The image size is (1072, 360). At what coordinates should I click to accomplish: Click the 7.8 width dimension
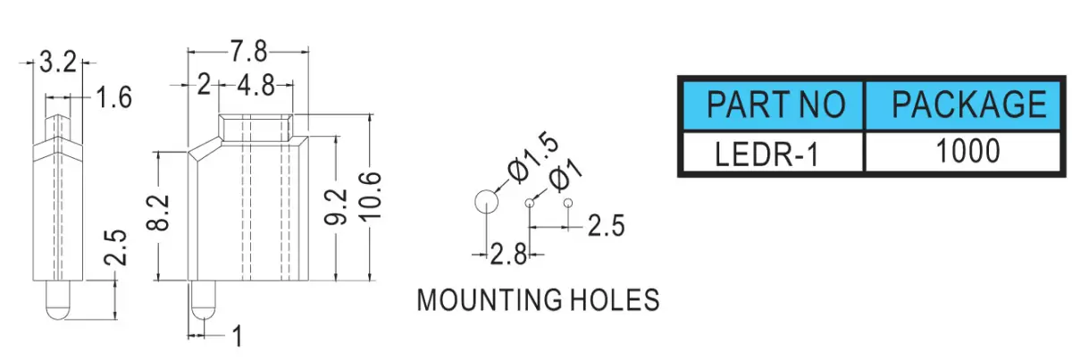248,51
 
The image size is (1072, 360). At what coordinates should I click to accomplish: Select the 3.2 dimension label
57,63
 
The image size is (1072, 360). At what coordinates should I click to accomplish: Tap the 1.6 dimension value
113,97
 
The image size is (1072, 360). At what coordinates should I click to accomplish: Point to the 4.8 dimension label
255,86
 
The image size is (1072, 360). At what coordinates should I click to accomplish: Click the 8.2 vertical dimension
158,213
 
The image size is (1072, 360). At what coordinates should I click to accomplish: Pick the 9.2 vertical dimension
335,206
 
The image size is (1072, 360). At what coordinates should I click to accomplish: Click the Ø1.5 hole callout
532,156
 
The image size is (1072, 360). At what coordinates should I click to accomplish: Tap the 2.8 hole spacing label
508,255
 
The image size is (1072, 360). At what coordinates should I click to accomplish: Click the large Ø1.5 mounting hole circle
486,202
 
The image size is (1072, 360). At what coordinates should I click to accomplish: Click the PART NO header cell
774,105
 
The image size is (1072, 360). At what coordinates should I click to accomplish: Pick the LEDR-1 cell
774,152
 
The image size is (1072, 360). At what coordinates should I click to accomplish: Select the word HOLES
616,300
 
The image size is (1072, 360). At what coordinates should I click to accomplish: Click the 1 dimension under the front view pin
237,336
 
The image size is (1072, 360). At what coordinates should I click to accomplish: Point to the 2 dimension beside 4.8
204,86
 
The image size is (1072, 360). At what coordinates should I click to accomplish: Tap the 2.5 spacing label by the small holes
606,226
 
